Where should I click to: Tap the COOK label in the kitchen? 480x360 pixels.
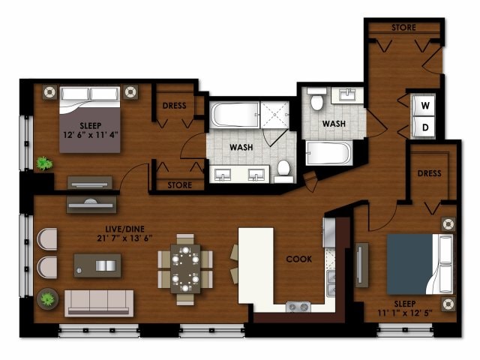pyautogui.click(x=298, y=259)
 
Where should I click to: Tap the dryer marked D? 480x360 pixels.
pyautogui.click(x=424, y=127)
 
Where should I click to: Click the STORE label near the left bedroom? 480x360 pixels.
pyautogui.click(x=179, y=185)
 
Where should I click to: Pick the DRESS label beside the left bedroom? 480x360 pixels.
pyautogui.click(x=175, y=106)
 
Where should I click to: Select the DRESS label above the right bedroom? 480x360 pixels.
pyautogui.click(x=429, y=173)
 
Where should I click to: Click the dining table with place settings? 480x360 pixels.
pyautogui.click(x=185, y=268)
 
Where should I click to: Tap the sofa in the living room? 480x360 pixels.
pyautogui.click(x=98, y=302)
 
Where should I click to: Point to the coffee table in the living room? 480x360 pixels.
pyautogui.click(x=97, y=265)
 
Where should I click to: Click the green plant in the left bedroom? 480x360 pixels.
pyautogui.click(x=45, y=162)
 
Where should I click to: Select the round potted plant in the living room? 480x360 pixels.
pyautogui.click(x=47, y=298)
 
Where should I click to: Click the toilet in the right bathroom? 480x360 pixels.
pyautogui.click(x=317, y=100)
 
